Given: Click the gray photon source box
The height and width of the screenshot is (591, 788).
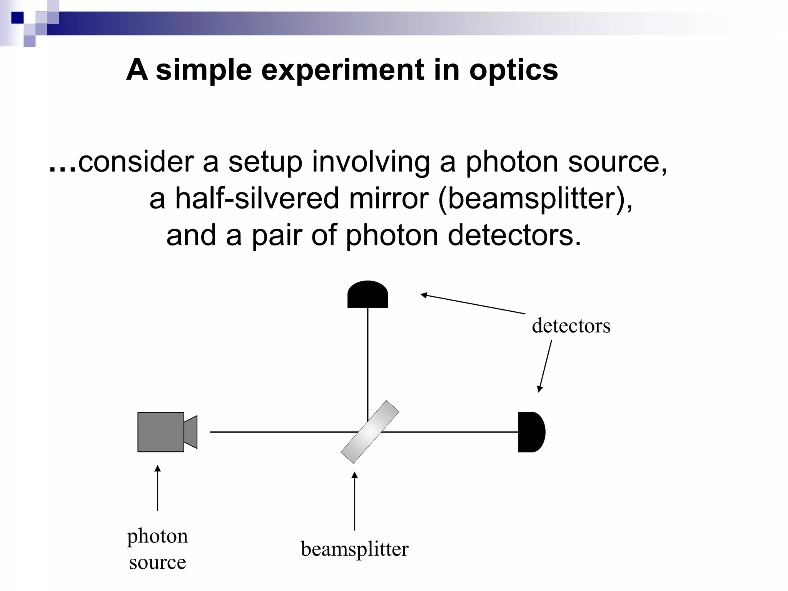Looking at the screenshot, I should pos(161,432).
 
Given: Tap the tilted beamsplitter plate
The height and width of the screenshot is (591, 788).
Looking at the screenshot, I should pos(370,432).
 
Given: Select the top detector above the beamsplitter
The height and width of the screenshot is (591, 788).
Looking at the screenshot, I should pos(367,295).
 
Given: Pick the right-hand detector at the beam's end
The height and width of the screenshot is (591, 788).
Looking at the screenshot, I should pos(531,432).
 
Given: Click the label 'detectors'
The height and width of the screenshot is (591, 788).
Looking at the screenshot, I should pos(571,326).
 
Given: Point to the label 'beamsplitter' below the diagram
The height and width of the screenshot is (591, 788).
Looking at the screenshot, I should pos(354,549).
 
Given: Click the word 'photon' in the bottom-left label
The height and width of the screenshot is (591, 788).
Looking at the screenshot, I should pos(157,536).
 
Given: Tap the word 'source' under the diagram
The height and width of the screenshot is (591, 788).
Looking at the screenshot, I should pos(157,563).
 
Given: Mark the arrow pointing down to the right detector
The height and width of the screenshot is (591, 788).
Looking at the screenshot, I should pos(545,366).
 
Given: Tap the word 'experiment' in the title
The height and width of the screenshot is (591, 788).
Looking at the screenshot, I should pos(343,70).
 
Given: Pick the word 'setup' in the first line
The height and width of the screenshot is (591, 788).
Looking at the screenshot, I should pos(265,162).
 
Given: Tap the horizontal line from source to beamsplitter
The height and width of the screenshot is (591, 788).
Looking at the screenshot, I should pos(277,432).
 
